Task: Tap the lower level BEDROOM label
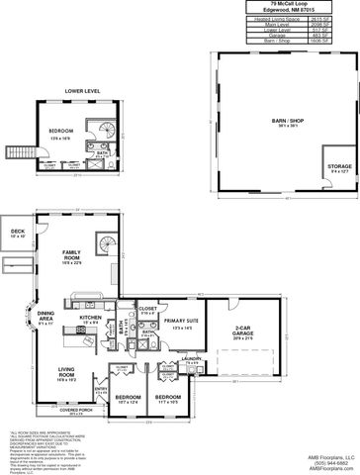(x=62, y=133)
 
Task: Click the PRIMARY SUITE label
(x=180, y=323)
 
